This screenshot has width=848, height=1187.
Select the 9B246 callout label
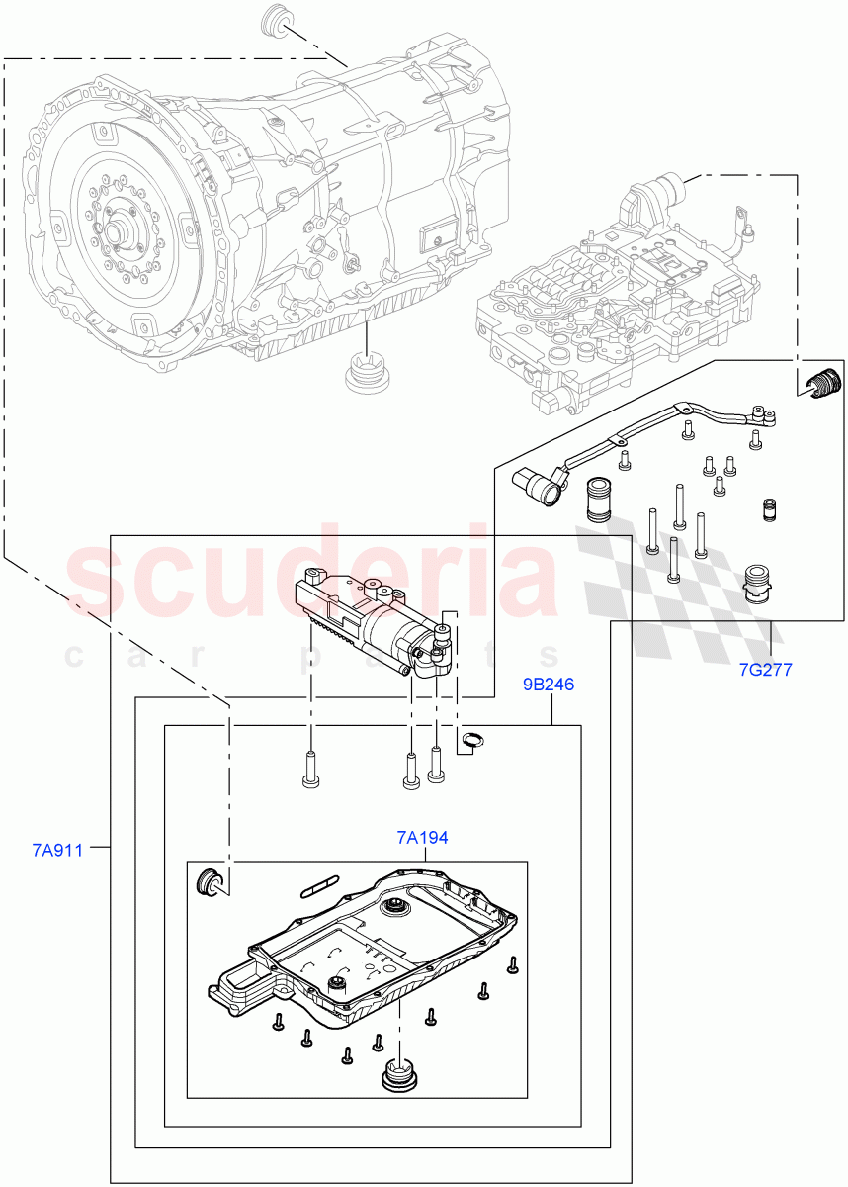tap(549, 685)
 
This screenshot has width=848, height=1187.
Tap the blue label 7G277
tap(765, 670)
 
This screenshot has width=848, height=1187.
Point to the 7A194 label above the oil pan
tap(422, 838)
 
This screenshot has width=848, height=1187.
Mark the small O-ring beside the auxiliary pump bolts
tap(471, 740)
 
